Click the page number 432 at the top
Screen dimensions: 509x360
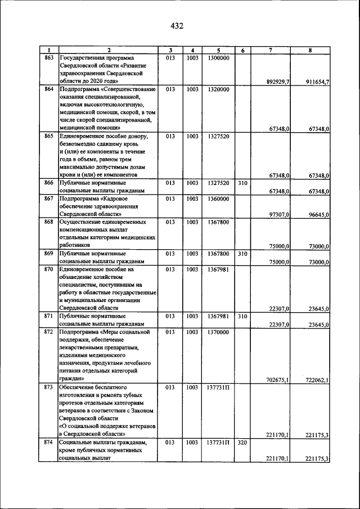pos(177,26)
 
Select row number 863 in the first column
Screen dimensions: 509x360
pos(49,58)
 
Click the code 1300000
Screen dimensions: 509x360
pos(218,58)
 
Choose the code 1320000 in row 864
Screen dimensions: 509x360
pos(218,89)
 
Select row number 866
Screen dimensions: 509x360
pos(49,183)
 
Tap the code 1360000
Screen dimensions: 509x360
pos(218,199)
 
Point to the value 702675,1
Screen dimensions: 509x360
pos(278,380)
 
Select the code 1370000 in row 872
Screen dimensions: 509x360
pos(218,332)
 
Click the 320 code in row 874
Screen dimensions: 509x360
pos(242,443)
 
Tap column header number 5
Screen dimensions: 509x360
pos(218,51)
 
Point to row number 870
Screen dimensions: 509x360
pos(49,269)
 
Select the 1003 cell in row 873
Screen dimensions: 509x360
pos(192,388)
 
